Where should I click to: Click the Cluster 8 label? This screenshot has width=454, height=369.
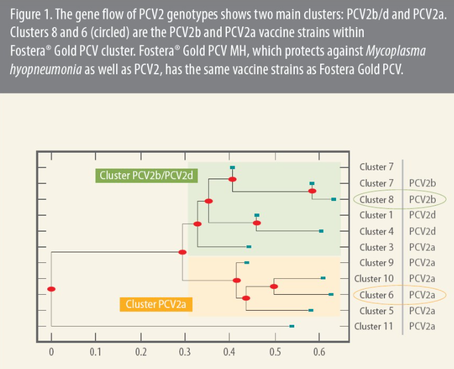[x=376, y=199]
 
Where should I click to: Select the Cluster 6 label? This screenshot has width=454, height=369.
[x=376, y=295]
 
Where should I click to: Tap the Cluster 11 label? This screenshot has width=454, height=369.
[x=374, y=326]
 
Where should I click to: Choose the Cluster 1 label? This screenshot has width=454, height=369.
[x=376, y=215]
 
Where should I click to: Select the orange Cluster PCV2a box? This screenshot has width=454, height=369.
[x=156, y=304]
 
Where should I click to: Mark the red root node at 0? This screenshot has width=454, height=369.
[x=51, y=289]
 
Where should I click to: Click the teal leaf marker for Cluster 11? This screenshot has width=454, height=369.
[x=292, y=326]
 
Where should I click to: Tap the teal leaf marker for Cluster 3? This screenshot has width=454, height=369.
[x=249, y=247]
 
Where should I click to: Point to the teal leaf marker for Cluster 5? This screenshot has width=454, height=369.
[x=311, y=310]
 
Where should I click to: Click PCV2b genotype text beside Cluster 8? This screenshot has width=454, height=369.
[x=422, y=199]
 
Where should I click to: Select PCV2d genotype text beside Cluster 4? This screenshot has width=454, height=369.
[x=422, y=231]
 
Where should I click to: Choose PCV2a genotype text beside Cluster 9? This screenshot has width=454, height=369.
[x=422, y=263]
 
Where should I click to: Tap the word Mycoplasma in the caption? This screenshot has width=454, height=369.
[x=394, y=51]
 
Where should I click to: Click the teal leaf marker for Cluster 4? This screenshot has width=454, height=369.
[x=321, y=231]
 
